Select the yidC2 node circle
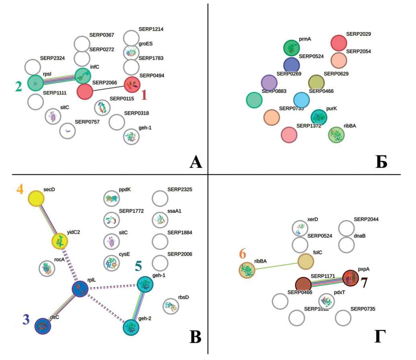60,242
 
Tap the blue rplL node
80,288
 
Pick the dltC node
43,326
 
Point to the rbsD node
171,306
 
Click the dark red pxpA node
350,278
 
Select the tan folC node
306,261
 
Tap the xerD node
300,228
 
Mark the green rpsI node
35,83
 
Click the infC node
83,75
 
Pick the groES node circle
131,52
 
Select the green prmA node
291,48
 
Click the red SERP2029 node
339,43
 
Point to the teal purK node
319,117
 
